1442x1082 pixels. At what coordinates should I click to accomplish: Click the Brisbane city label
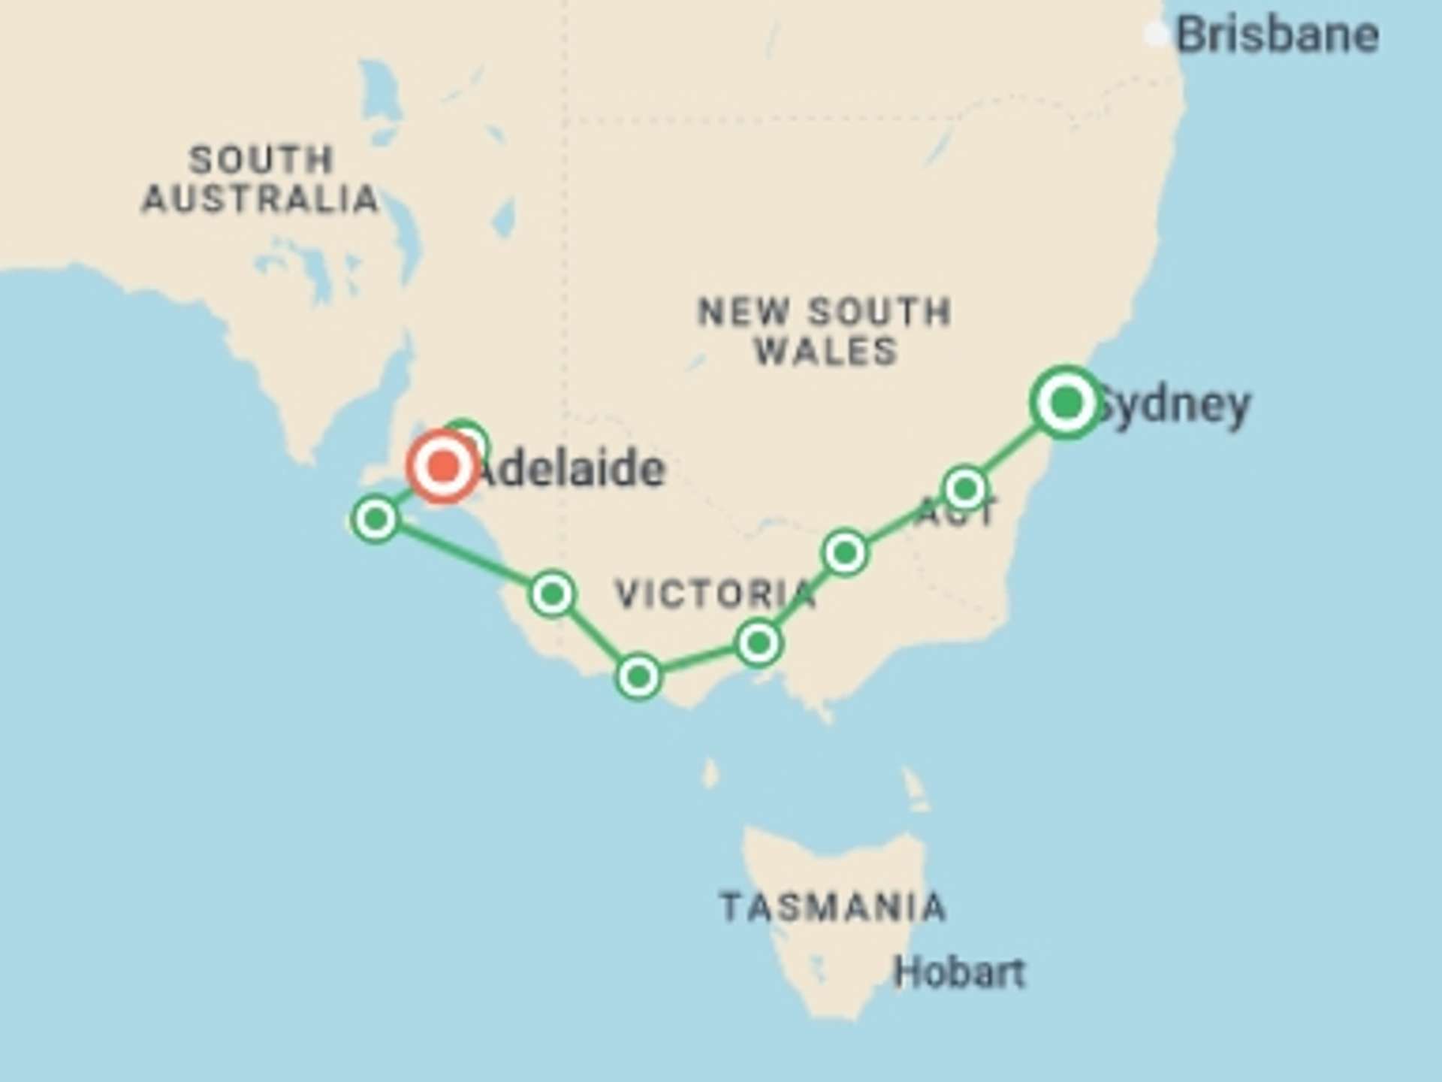click(1277, 35)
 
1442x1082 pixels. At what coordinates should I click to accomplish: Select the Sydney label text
click(1175, 407)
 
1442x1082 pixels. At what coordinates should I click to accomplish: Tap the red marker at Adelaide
click(443, 467)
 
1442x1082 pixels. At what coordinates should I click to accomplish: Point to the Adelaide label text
click(571, 470)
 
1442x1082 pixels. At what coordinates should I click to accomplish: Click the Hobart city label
click(959, 973)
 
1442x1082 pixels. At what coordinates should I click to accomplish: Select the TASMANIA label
click(832, 907)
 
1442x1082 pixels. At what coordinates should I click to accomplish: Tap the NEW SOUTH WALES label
click(825, 331)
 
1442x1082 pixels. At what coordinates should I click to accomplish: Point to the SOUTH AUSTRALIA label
click(261, 180)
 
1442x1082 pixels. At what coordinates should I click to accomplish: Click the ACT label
click(955, 512)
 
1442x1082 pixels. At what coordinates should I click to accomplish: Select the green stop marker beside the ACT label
click(965, 489)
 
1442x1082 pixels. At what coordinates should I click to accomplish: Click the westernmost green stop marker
click(376, 518)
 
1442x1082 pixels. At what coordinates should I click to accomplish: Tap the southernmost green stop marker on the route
click(638, 677)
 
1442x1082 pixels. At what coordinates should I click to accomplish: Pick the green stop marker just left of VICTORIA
click(553, 594)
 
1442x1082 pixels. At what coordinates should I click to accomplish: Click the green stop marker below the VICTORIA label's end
click(759, 643)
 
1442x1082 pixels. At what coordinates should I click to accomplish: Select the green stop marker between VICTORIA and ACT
click(846, 553)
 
